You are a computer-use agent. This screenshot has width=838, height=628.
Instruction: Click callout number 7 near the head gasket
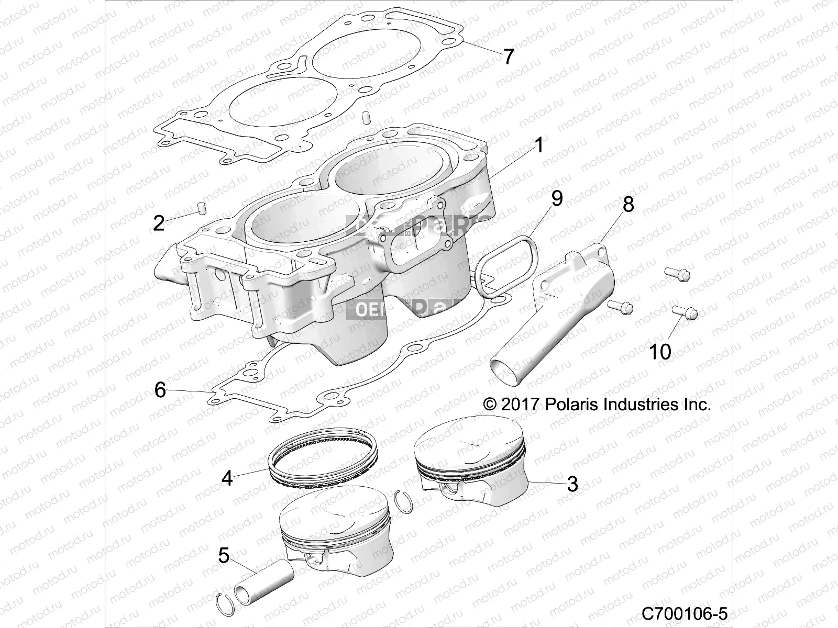click(x=509, y=56)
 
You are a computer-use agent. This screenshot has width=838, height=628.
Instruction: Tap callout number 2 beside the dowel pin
click(x=159, y=223)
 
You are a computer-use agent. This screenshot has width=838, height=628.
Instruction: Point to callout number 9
click(x=557, y=198)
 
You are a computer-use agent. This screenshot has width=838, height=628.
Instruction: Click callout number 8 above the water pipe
click(x=628, y=204)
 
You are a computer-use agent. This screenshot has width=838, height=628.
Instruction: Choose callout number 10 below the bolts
click(x=660, y=352)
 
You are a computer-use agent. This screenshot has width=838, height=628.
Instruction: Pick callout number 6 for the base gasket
click(x=160, y=389)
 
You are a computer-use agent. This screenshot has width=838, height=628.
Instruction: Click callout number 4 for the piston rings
click(x=227, y=477)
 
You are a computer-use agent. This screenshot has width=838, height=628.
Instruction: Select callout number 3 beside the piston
click(x=572, y=484)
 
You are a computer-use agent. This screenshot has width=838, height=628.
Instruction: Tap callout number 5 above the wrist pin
click(x=224, y=555)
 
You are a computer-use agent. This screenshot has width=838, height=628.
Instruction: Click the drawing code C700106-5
click(x=685, y=612)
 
